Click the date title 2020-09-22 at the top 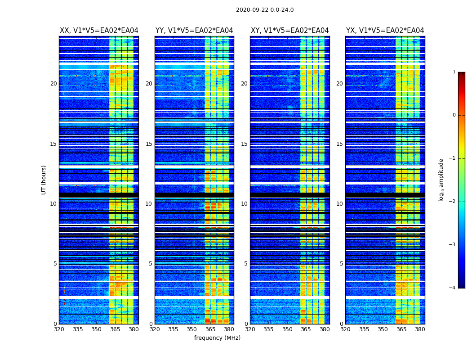point(265,10)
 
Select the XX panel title point(99,31)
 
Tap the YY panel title point(194,31)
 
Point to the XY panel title point(289,31)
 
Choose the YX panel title point(385,31)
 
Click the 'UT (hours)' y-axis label point(44,180)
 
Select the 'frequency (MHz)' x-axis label point(217,338)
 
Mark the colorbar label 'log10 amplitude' point(441,180)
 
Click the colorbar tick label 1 point(454,72)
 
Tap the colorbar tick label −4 point(453,288)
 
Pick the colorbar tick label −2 point(453,202)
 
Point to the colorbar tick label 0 point(454,115)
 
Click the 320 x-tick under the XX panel point(59,329)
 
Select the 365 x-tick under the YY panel point(210,329)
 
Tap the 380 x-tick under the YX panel point(420,329)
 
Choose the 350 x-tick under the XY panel point(287,329)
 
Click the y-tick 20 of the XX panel point(53,84)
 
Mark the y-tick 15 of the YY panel point(149,144)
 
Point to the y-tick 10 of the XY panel point(244,204)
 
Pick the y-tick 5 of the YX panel point(341,264)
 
